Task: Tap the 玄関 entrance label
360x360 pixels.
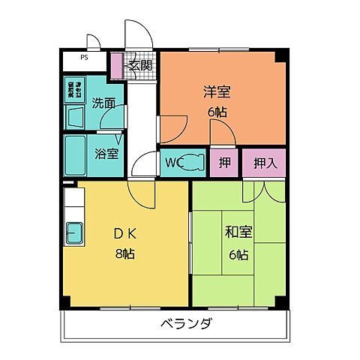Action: [139, 65]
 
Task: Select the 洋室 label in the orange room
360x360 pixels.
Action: [217, 93]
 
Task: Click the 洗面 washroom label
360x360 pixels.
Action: [103, 103]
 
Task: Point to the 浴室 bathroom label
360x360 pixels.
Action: [106, 154]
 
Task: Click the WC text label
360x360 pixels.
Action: [173, 162]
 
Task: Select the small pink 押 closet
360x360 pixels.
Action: [224, 162]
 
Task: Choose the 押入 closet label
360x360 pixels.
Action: [264, 162]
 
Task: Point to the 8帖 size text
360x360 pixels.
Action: [124, 253]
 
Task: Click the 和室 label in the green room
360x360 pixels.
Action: [238, 233]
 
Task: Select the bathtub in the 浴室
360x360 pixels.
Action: [76, 155]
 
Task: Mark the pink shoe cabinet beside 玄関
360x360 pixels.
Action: [115, 66]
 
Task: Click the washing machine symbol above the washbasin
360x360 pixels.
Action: [76, 89]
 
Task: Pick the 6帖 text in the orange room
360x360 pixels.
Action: [217, 112]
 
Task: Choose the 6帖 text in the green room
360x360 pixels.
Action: [238, 253]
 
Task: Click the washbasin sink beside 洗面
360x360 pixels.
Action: [76, 118]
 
